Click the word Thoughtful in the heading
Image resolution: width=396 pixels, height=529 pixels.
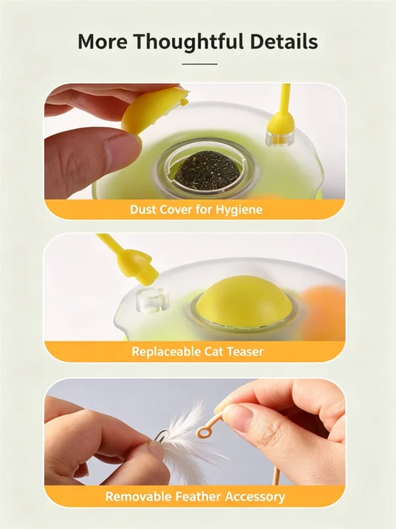(188, 42)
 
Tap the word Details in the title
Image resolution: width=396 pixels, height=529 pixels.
(284, 41)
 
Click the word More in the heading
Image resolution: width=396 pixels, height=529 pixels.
(102, 41)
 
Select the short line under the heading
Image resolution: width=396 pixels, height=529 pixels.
(200, 63)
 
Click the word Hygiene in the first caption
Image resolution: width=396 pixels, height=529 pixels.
(239, 210)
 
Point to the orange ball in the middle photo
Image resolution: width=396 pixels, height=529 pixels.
(323, 307)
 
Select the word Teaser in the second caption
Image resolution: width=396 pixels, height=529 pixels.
(245, 352)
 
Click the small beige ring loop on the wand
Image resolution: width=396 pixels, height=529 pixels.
(203, 432)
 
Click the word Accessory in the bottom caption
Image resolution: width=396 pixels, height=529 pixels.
(255, 497)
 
